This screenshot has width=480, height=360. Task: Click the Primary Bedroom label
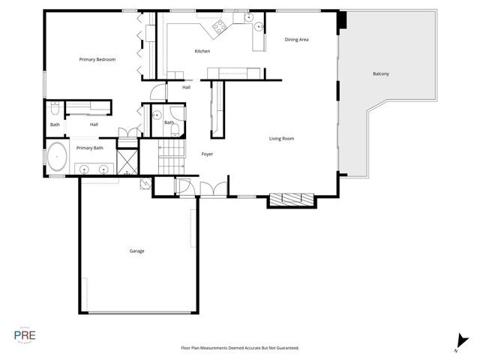(97, 59)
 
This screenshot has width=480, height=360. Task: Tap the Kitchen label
(202, 51)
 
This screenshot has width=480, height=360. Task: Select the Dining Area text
(297, 39)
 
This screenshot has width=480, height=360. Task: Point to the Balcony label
(381, 73)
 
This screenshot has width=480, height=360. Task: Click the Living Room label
(282, 138)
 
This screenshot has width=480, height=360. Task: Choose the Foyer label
(208, 154)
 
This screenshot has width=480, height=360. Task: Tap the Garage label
(136, 250)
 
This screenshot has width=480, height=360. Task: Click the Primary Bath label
(89, 148)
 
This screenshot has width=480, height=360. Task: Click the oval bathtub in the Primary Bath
(58, 158)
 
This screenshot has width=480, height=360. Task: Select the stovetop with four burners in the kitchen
(220, 28)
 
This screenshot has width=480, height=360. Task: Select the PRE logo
(25, 334)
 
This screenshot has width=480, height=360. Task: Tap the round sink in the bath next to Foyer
(157, 115)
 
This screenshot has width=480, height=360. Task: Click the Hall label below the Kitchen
(186, 87)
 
